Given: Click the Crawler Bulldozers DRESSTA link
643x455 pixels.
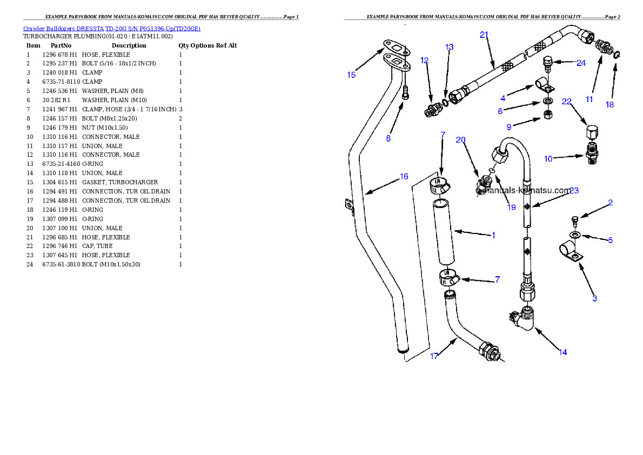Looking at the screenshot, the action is [x=63, y=29].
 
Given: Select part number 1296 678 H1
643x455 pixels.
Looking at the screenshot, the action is [x=59, y=55].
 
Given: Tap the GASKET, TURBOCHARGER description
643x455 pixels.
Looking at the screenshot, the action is [x=120, y=182].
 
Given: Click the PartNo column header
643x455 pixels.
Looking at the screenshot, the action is [x=61, y=45].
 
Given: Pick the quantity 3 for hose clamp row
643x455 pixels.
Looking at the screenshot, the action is [x=181, y=109].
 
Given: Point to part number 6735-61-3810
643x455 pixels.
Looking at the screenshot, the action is [x=61, y=264].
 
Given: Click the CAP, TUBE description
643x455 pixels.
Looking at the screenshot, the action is [x=97, y=246].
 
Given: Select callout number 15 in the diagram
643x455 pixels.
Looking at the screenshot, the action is [x=351, y=75].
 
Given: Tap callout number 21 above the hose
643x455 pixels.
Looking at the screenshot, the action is [x=484, y=35].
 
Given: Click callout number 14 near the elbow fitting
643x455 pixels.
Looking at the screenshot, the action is [x=562, y=352].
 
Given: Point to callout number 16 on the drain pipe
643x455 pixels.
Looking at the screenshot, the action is [x=404, y=176].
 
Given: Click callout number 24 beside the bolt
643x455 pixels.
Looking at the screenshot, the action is [x=581, y=63].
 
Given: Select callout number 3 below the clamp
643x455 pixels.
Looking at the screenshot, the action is [x=594, y=298].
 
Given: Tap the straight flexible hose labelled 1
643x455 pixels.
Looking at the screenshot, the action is [x=443, y=232].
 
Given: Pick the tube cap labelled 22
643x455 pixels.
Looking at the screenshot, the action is [x=591, y=132].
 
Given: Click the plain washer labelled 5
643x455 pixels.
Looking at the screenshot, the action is [x=575, y=235].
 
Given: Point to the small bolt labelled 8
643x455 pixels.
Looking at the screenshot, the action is [x=406, y=92].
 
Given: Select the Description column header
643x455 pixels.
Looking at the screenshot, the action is [x=129, y=45].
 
